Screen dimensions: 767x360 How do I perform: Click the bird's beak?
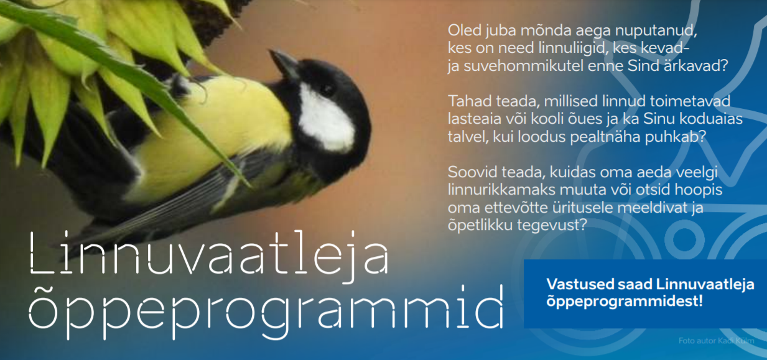pos(284,63)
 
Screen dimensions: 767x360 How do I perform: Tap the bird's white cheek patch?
pos(325,118)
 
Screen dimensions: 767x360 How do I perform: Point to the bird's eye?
pos(328,90)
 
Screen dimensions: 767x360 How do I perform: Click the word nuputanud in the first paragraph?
pos(656,31)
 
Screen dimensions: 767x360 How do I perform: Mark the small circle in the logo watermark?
pos(684,239)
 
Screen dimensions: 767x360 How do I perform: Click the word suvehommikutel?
pos(523,65)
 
